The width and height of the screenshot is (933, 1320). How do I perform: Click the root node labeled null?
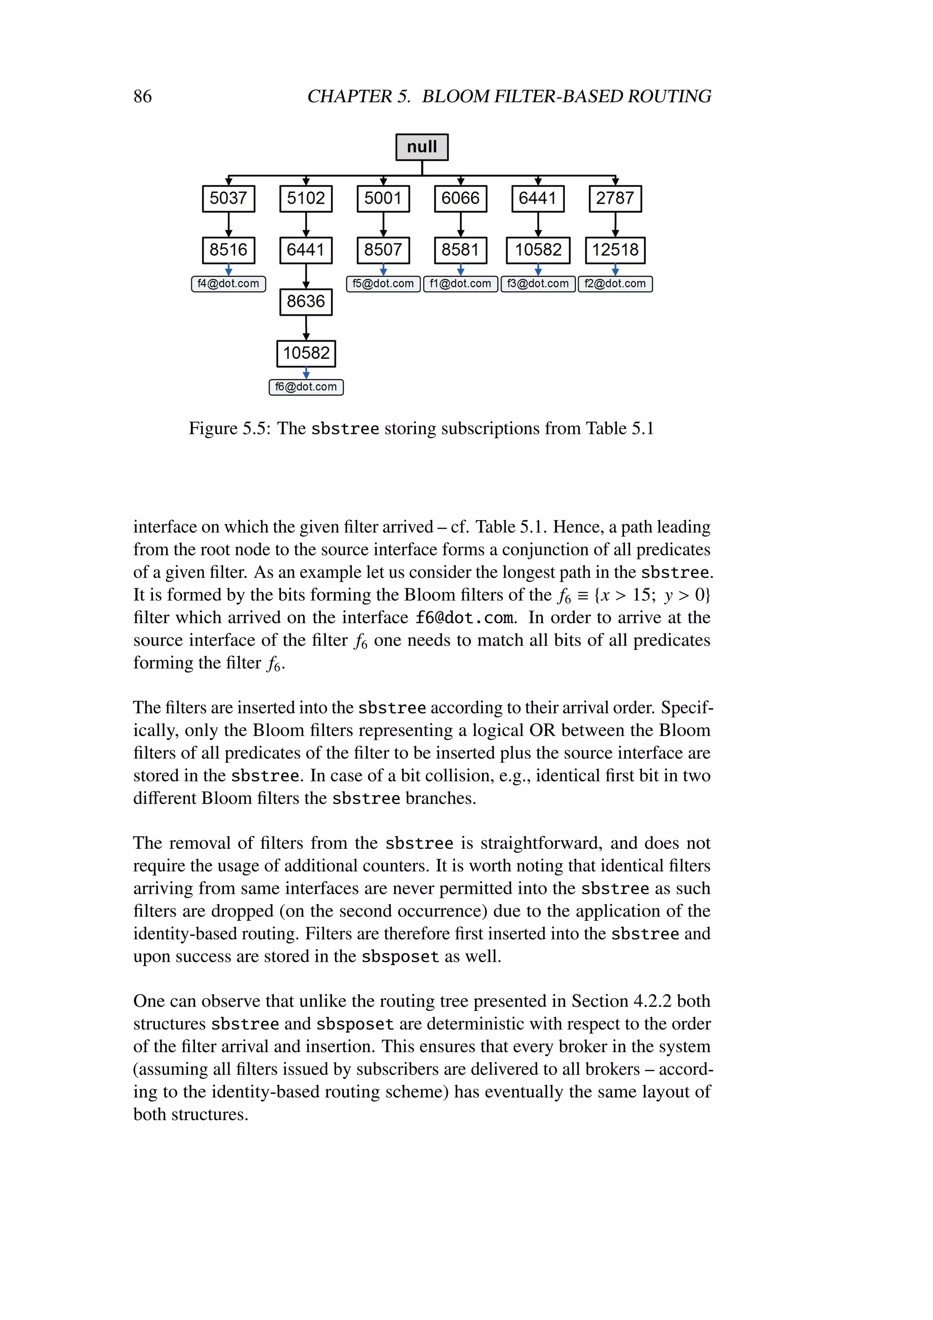(x=422, y=147)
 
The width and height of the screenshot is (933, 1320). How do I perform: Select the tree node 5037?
(x=228, y=198)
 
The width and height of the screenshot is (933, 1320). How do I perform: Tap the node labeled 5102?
(x=306, y=198)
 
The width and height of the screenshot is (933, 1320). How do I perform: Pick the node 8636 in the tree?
(x=306, y=301)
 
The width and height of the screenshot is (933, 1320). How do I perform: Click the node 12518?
(x=615, y=250)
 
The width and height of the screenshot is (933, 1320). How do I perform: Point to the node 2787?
(x=615, y=198)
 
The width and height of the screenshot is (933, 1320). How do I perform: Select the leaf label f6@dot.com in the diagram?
(x=306, y=387)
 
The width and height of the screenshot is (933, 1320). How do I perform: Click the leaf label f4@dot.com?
(x=228, y=284)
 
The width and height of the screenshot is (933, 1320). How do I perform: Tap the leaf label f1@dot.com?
(x=460, y=284)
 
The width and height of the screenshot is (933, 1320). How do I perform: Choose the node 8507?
(x=383, y=250)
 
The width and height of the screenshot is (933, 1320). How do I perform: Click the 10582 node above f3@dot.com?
(x=538, y=250)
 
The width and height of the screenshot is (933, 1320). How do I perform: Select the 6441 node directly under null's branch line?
(x=538, y=198)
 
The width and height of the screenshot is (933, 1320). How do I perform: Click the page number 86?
(x=143, y=96)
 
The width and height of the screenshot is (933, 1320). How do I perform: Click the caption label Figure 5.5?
(x=229, y=429)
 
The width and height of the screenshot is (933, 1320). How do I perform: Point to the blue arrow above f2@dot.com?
(x=615, y=270)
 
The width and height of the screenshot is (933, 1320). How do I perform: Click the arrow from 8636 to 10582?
(x=306, y=328)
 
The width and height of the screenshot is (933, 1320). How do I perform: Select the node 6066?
(x=460, y=198)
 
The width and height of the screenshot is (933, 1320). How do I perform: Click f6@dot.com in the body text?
(x=464, y=618)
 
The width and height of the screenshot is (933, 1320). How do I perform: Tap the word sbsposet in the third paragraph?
(x=400, y=957)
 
